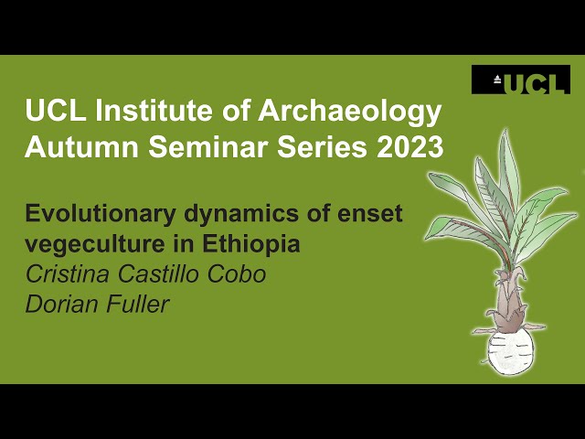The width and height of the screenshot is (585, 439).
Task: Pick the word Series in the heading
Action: pos(306,145)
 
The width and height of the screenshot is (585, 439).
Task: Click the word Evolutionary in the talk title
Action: pos(95,216)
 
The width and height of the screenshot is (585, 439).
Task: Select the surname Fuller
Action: pos(136,304)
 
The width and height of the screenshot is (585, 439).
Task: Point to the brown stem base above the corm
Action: pos(508,303)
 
